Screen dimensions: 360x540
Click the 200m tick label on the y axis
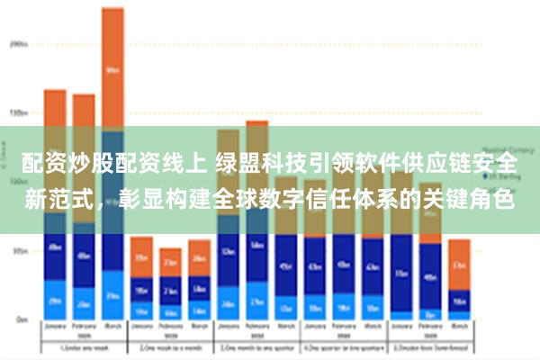click(x=18, y=42)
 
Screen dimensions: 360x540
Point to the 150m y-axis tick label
click(x=18, y=113)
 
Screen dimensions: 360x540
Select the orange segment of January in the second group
click(x=141, y=257)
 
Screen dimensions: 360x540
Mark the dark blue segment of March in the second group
click(x=199, y=287)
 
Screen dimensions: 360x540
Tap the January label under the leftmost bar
click(x=55, y=328)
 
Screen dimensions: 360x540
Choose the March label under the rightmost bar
click(x=459, y=328)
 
